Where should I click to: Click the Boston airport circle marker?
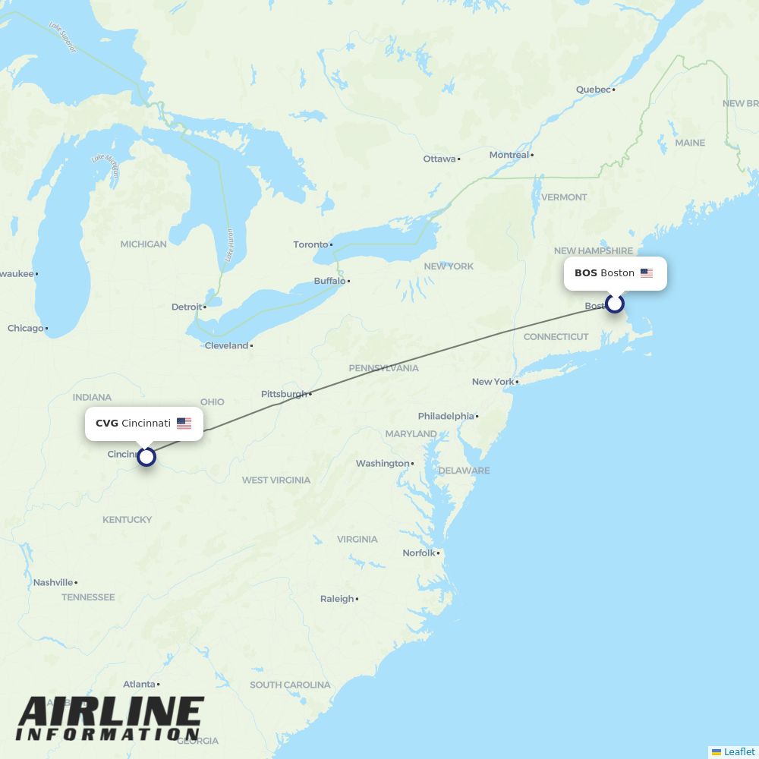(614, 304)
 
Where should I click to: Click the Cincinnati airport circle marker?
(146, 456)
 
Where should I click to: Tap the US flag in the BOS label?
(647, 273)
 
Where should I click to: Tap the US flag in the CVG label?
(184, 424)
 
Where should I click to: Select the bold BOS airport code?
(585, 273)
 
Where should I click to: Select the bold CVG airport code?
(107, 424)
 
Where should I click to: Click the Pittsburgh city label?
(285, 394)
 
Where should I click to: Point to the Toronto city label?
(311, 244)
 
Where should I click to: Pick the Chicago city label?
(26, 328)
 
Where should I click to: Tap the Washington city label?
(383, 463)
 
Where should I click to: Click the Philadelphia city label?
(446, 416)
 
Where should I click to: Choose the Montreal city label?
(509, 155)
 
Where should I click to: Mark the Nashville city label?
(53, 582)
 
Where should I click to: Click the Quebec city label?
(593, 90)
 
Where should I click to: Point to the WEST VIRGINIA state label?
(276, 480)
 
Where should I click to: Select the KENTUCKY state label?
(128, 520)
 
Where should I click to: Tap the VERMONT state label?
(564, 197)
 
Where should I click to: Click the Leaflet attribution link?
(739, 751)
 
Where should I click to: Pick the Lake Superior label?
(62, 37)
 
